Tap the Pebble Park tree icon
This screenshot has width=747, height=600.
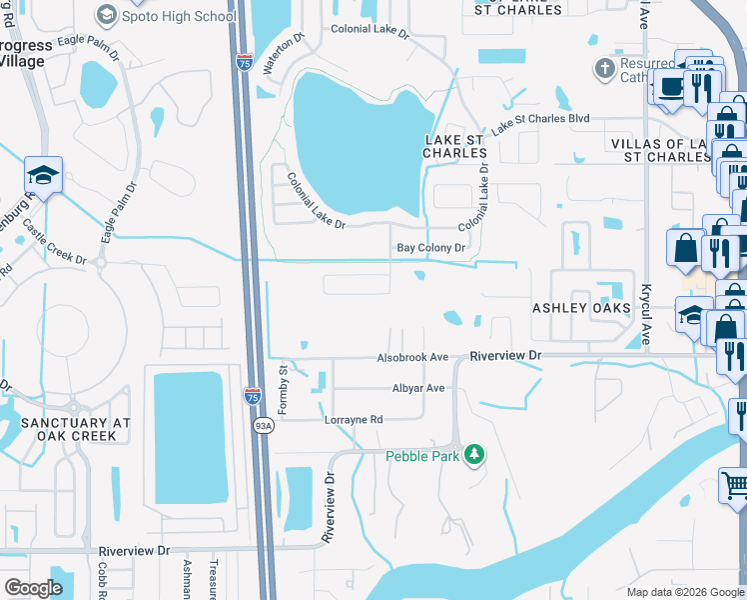coord(475,455)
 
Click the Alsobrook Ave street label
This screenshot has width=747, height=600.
coord(412,357)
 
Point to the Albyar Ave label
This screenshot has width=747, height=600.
coord(416,388)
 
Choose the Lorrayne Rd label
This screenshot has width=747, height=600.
coord(354,420)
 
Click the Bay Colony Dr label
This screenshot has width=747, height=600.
coord(431,247)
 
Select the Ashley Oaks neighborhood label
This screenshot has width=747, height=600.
coord(581,308)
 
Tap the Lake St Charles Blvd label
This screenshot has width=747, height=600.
coord(539,120)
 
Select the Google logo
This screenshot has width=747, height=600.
coord(33,587)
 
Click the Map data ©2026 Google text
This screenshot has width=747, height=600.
coord(685,592)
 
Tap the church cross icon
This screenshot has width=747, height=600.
coord(603,69)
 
